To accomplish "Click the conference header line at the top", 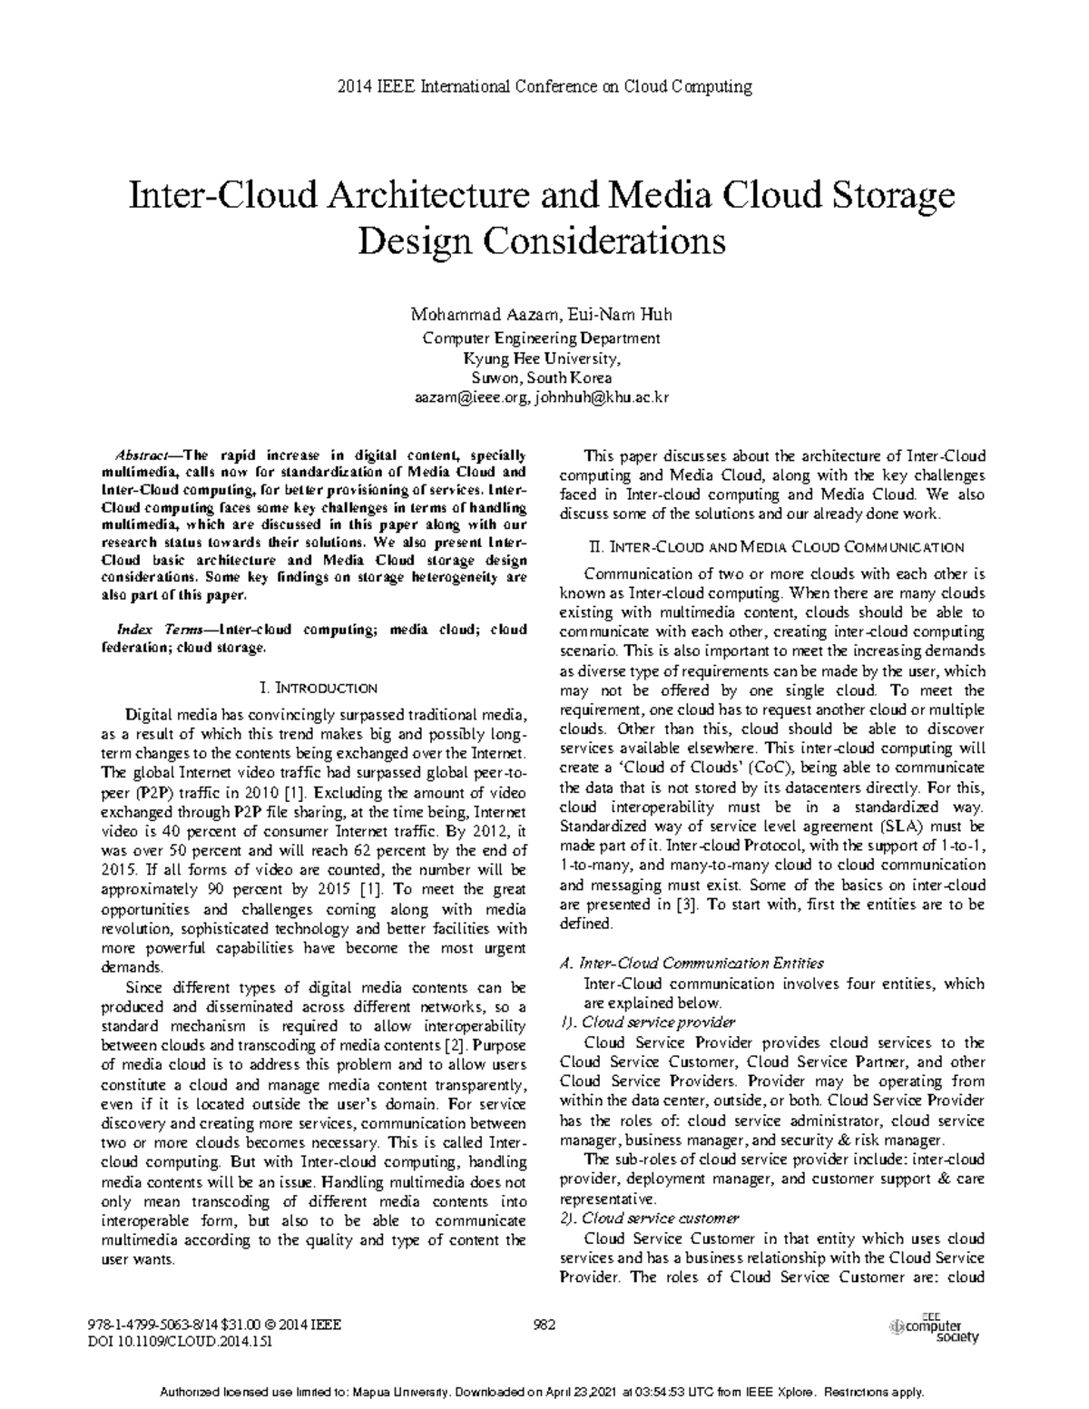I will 544,87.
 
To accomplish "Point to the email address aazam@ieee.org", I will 471,398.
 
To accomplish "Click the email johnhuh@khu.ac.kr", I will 603,398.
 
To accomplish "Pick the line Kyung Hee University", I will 543,357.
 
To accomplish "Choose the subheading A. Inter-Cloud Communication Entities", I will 692,963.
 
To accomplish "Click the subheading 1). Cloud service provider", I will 648,1023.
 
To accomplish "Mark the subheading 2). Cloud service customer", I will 650,1218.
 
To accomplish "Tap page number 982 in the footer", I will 544,1324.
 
